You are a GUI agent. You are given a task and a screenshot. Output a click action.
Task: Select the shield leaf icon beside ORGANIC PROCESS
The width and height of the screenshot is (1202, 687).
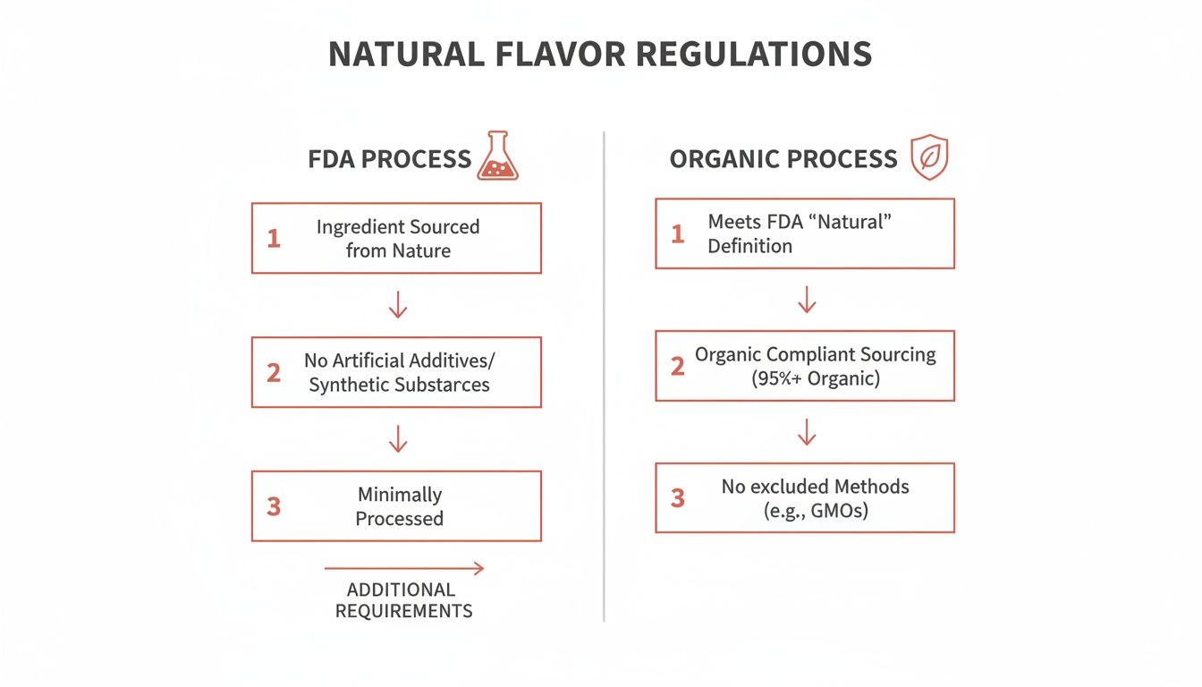[x=929, y=158]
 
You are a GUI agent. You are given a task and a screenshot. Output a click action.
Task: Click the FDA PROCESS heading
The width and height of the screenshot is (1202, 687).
[x=389, y=159]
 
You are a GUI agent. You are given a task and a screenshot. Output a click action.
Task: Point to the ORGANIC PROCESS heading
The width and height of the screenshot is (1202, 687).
[x=783, y=159]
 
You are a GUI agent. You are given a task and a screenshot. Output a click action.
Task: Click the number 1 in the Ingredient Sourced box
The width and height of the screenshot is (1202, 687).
[x=274, y=239]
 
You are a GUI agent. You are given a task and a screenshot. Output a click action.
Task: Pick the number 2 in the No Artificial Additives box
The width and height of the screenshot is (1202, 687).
[x=274, y=373]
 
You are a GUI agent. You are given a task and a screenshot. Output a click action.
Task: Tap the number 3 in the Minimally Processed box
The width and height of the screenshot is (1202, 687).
[x=274, y=506]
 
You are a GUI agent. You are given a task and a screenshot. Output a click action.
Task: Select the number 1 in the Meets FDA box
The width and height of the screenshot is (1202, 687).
[x=677, y=234]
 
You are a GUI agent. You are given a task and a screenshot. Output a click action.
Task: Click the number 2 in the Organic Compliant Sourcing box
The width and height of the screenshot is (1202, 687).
[x=677, y=366]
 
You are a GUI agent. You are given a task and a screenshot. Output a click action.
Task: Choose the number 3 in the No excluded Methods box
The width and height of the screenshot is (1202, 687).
[x=677, y=498]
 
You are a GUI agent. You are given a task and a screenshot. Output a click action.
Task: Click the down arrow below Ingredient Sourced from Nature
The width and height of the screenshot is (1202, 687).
[x=398, y=305]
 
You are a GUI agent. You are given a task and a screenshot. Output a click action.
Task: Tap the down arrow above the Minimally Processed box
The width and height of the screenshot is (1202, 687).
[x=398, y=439]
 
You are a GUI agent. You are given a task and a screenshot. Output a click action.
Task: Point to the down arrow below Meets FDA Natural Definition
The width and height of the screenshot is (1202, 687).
[x=806, y=300]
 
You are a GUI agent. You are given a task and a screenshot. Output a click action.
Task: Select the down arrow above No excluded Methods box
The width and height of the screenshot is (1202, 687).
[x=806, y=432]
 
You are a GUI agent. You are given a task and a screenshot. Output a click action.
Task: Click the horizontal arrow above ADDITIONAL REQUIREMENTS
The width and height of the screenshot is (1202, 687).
[x=403, y=568]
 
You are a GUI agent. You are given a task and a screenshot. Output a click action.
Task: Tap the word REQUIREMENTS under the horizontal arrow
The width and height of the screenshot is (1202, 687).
[x=403, y=612]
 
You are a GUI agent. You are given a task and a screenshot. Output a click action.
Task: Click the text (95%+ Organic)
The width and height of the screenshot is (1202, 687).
[x=815, y=378]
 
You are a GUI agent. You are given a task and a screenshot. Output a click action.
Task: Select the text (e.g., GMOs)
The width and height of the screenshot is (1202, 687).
[x=815, y=511]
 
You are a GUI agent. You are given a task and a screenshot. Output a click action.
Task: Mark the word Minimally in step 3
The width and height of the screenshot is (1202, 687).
[x=400, y=495]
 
